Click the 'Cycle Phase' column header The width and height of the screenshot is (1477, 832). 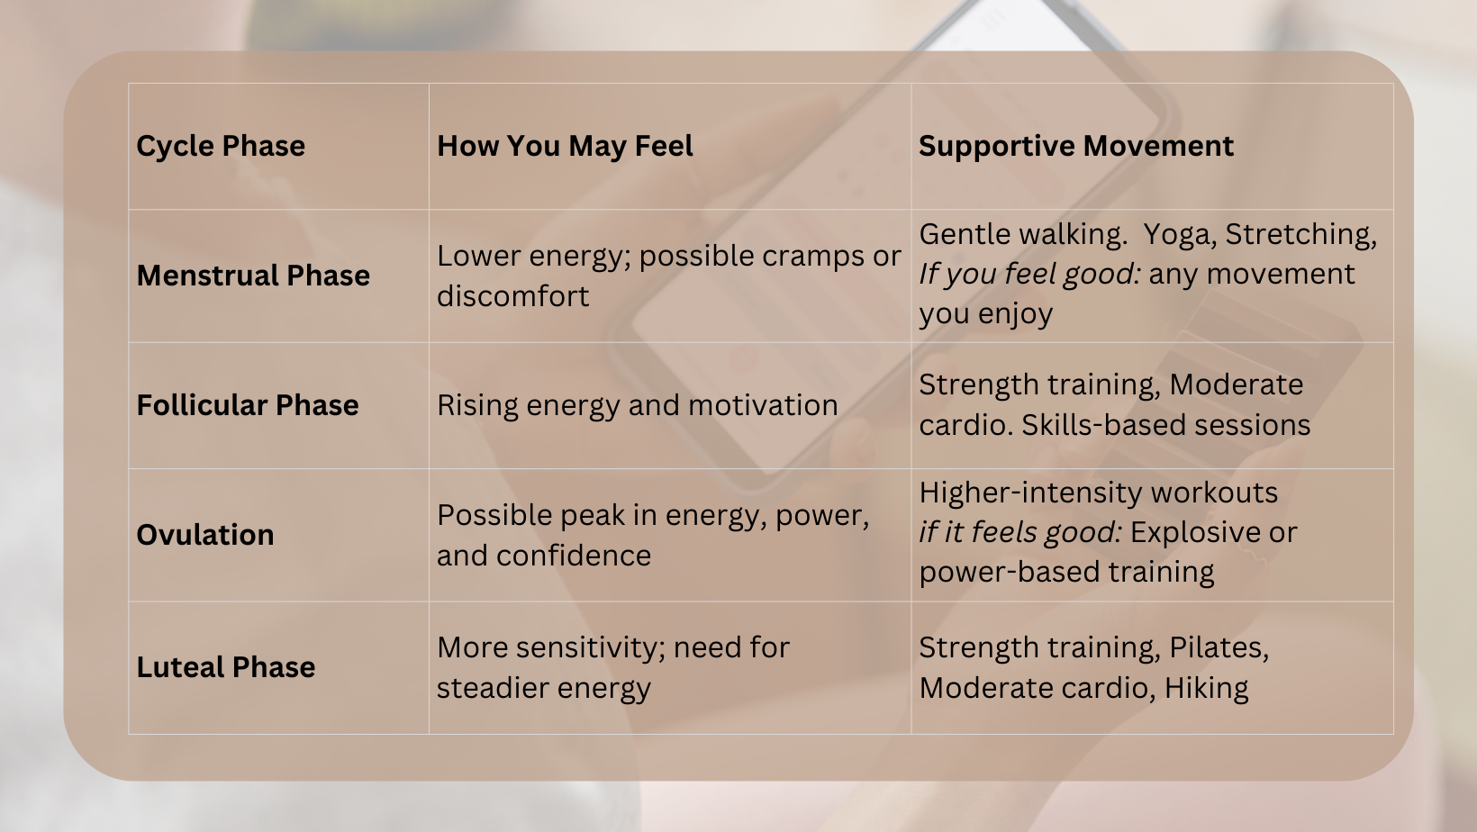[x=221, y=147]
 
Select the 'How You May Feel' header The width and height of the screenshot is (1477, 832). [x=565, y=147]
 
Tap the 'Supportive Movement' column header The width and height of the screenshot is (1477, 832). [x=1075, y=147]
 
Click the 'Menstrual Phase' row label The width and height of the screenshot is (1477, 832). [x=252, y=276]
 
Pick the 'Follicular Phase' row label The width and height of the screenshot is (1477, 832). [x=248, y=405]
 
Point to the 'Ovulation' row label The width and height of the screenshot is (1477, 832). [x=205, y=535]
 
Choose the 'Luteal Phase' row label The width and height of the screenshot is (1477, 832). [x=225, y=667]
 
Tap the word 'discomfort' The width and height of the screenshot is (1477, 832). [x=512, y=296]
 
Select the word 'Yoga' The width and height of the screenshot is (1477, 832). [x=1180, y=235]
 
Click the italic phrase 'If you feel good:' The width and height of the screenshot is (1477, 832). [x=1029, y=275]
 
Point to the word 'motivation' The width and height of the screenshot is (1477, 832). [x=763, y=405]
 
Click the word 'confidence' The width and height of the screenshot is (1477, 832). [x=574, y=556]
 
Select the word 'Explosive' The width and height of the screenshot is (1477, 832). [x=1195, y=533]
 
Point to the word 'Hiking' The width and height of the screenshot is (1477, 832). [x=1206, y=688]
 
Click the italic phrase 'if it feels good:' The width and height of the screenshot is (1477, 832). [x=1020, y=533]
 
